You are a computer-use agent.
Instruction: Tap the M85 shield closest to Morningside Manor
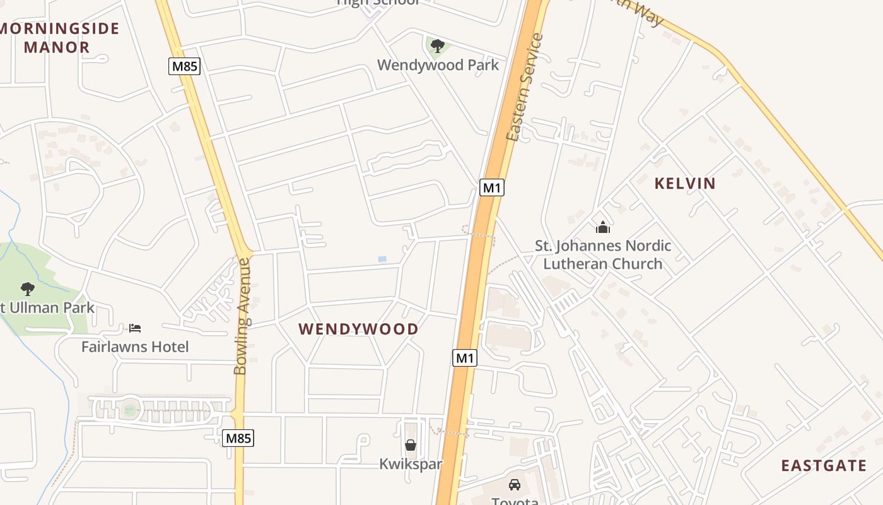click(x=184, y=66)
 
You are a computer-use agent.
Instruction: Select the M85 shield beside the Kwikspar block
click(x=238, y=438)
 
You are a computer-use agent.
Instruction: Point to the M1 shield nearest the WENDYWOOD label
click(x=465, y=358)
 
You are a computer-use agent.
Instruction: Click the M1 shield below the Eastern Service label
click(x=492, y=187)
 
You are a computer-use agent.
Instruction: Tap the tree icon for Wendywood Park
click(x=437, y=45)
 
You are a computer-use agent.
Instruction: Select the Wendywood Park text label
click(x=438, y=65)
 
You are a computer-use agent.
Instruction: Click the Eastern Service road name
click(x=525, y=87)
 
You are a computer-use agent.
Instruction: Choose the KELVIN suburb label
click(x=685, y=184)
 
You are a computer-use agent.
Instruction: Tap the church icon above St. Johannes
click(x=603, y=227)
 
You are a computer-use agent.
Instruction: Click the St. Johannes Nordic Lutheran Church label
click(x=603, y=255)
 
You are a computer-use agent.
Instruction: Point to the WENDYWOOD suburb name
click(x=358, y=329)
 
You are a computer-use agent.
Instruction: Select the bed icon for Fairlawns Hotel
click(x=135, y=328)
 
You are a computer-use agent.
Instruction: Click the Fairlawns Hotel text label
click(x=135, y=347)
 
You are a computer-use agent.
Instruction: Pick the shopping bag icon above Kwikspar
click(x=411, y=445)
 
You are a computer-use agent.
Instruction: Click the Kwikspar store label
click(x=411, y=464)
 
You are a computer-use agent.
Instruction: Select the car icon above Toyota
click(x=515, y=485)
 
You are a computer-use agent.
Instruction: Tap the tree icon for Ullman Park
click(x=27, y=289)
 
